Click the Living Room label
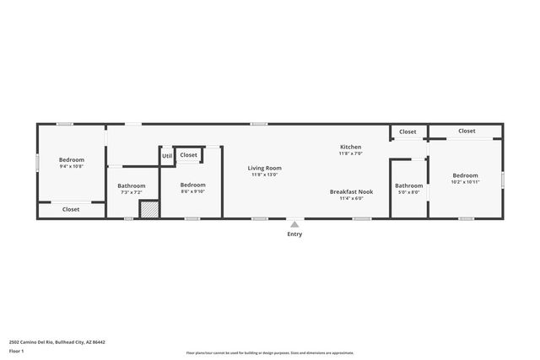coord(264,168)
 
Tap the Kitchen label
coord(351,147)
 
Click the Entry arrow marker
coord(294,224)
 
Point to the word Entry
coord(294,234)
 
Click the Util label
coord(167,156)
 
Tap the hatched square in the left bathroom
coord(148,209)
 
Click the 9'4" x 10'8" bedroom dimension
coord(72,167)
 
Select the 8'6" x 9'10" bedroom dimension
coord(192,191)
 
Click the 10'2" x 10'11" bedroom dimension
coord(465,182)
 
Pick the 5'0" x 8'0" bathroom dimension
coord(409,192)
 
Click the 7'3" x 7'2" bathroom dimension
coord(131,192)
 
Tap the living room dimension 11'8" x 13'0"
coord(264,175)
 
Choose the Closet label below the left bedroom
coord(71,209)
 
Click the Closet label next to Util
coord(189,155)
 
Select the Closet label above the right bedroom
coord(467,131)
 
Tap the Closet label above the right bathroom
coord(408,132)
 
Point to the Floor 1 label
coord(17,351)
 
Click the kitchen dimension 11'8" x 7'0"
coord(351,153)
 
